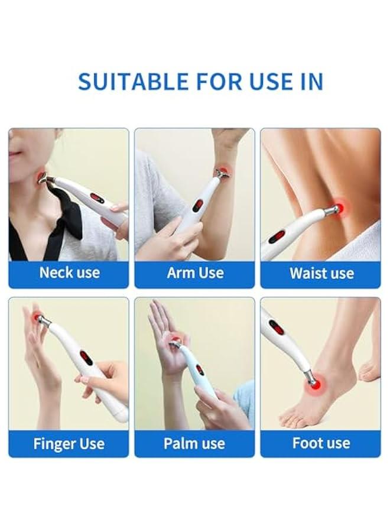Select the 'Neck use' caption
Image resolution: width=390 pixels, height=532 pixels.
[69, 273]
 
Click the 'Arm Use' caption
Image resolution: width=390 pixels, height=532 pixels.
[195, 273]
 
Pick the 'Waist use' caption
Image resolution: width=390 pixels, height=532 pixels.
[321, 274]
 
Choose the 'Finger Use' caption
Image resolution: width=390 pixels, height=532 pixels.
[69, 443]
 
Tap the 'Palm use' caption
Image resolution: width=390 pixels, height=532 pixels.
[195, 443]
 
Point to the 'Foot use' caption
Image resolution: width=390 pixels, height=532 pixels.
[321, 443]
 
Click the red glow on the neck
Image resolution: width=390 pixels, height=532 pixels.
[41, 176]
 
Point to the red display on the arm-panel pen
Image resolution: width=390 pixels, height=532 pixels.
[197, 206]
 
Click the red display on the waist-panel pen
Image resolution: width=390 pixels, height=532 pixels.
[277, 237]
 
